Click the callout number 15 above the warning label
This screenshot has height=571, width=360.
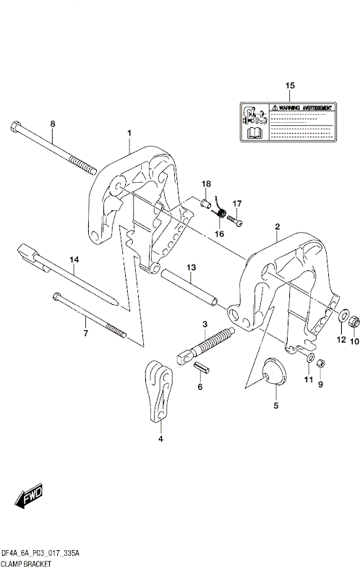click(x=290, y=87)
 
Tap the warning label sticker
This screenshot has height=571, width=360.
click(x=289, y=121)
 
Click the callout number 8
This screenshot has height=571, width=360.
click(x=52, y=124)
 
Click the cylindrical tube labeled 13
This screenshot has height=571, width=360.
click(x=189, y=287)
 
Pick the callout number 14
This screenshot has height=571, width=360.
click(x=73, y=259)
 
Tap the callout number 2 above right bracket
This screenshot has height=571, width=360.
click(x=277, y=227)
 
